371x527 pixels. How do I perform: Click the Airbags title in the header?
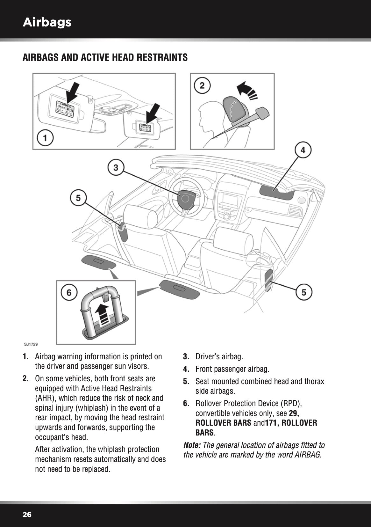(47, 22)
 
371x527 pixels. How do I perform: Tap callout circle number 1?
(45, 138)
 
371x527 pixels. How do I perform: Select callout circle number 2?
(202, 85)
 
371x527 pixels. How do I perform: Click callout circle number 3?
(116, 167)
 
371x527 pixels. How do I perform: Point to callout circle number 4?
(303, 150)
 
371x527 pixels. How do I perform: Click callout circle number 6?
(69, 292)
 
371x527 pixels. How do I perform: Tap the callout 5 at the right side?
(304, 292)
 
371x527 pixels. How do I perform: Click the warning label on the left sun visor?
(65, 109)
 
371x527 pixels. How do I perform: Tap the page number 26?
(27, 515)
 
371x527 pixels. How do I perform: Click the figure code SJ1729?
(31, 344)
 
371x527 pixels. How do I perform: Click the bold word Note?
(192, 445)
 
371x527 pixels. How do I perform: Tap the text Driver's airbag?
(219, 356)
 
